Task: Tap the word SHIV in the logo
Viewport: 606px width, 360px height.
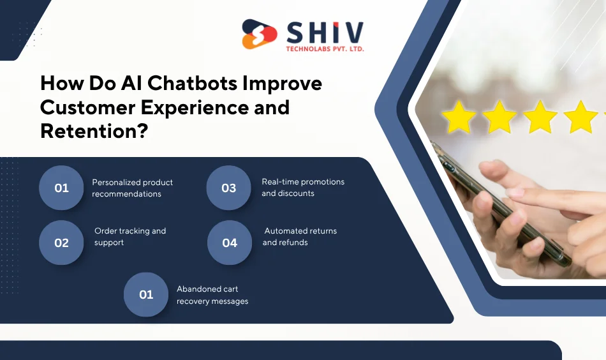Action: [x=325, y=32]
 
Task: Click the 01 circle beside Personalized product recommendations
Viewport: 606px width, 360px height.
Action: [x=61, y=188]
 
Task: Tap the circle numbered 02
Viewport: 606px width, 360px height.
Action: [x=61, y=243]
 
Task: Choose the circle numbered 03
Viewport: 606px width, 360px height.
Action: [x=228, y=188]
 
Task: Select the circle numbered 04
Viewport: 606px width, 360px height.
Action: [x=230, y=243]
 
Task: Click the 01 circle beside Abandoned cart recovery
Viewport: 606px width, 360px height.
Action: [x=146, y=294]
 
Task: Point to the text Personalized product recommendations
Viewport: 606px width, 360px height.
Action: [x=132, y=188]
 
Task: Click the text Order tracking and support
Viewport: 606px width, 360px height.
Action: [x=129, y=237]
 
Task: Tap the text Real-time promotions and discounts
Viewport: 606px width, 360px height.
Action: [x=302, y=188]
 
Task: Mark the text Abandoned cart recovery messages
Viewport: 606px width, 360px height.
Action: [x=212, y=295]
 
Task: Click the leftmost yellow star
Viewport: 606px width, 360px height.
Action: [x=459, y=117]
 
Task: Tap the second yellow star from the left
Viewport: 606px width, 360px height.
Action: [x=499, y=117]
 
